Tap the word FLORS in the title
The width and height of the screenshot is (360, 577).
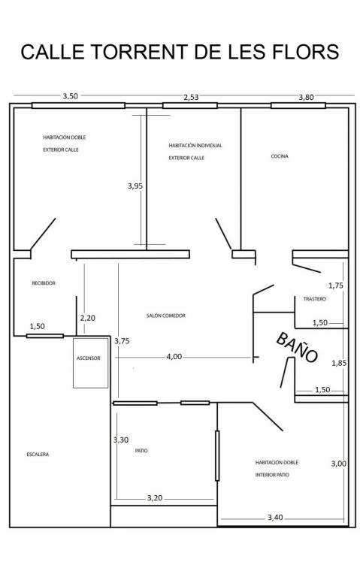click(306, 52)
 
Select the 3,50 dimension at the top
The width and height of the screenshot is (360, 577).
click(71, 96)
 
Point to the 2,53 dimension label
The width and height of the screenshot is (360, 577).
click(191, 97)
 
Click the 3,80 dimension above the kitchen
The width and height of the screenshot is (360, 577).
click(306, 97)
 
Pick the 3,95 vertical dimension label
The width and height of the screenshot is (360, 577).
click(135, 186)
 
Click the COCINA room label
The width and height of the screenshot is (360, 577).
click(280, 156)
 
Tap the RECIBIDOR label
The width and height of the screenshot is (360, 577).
click(44, 283)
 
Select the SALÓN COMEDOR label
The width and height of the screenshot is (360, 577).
click(165, 316)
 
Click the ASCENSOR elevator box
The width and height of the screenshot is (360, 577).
click(90, 363)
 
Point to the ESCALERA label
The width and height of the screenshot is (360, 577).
click(38, 455)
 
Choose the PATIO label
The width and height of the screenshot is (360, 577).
click(141, 451)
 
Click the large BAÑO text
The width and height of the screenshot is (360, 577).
click(297, 347)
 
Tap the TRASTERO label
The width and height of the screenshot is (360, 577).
click(315, 299)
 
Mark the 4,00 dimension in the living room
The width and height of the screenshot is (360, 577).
click(174, 357)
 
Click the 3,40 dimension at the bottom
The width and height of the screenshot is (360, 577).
click(275, 518)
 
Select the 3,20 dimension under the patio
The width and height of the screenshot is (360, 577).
click(155, 498)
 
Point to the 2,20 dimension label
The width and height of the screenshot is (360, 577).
click(88, 318)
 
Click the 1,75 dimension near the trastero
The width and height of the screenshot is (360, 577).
click(336, 285)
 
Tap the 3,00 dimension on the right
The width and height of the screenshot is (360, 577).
click(339, 464)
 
